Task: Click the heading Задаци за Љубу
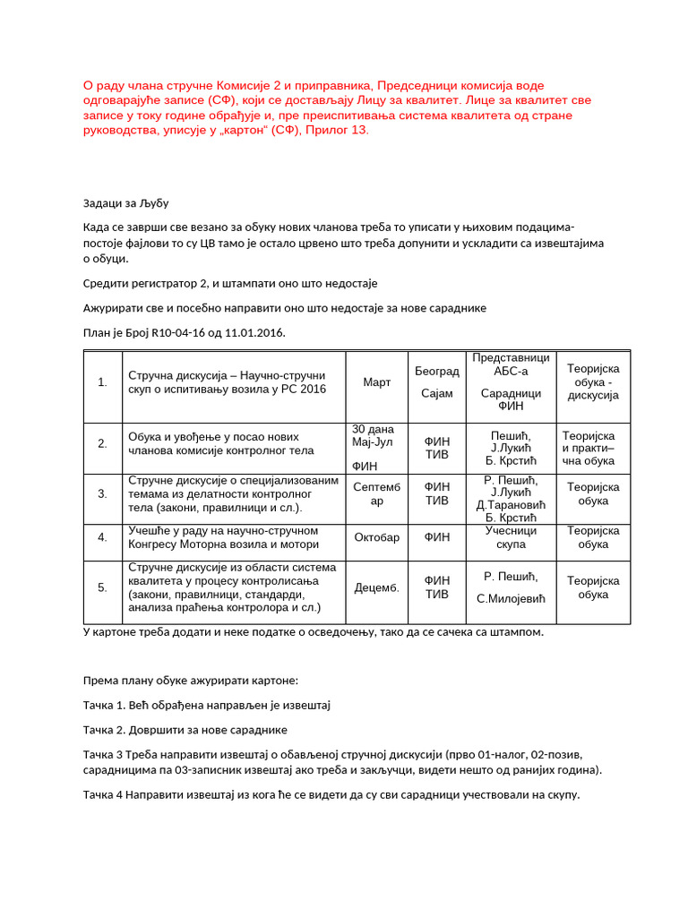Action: pos(125,203)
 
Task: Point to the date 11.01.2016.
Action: pos(254,333)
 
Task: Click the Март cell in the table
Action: pos(377,382)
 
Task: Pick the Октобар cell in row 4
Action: pos(377,537)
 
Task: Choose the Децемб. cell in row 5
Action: pos(377,588)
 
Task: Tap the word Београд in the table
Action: pos(437,371)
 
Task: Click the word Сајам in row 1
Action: pos(437,393)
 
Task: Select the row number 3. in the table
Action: pos(102,493)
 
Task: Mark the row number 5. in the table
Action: pos(102,588)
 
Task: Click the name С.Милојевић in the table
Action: pos(511,598)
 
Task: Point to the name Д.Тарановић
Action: pos(511,505)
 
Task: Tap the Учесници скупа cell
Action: pos(511,537)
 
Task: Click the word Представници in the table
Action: pos(511,357)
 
